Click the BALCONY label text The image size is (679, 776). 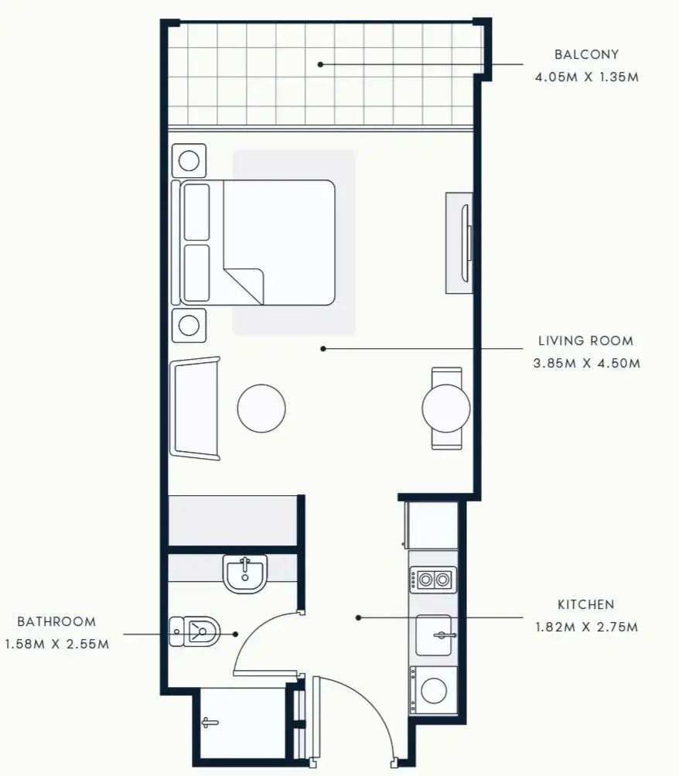coord(586,55)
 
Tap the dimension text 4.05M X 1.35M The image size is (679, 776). coord(586,77)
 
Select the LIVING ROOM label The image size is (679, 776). coord(585,340)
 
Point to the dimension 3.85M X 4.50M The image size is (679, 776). coord(586,363)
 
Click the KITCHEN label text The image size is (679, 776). coord(585,604)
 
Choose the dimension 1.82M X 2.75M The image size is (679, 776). coord(586,627)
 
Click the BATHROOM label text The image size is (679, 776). coord(56,621)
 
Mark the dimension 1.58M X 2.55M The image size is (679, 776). coord(56,644)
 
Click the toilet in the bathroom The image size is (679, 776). coord(195,631)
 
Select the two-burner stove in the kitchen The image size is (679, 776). coord(432,579)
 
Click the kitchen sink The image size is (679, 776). coord(434,635)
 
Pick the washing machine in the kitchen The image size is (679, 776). coord(433,689)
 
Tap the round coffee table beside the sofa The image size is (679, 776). coord(261,408)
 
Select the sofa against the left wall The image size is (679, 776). coord(196,408)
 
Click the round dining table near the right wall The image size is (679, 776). coord(446,407)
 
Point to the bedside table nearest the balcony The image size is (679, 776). coord(189,161)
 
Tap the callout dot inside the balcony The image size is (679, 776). coord(320,64)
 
